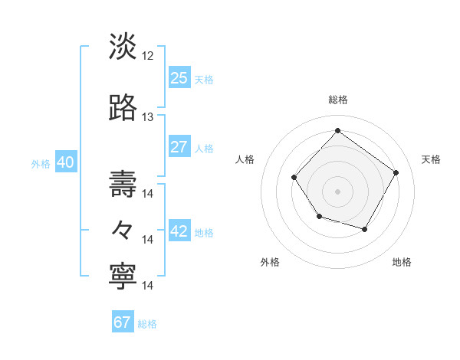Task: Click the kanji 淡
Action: [123, 47]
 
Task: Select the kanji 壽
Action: [123, 183]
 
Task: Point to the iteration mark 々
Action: [123, 229]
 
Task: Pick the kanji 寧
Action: [123, 276]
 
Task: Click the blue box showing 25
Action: [179, 78]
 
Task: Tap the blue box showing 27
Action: [179, 147]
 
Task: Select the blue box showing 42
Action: [179, 232]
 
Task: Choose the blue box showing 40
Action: [65, 162]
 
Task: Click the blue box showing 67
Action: [122, 322]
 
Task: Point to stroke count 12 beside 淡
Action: [148, 56]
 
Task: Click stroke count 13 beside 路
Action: [148, 117]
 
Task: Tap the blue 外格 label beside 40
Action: [41, 163]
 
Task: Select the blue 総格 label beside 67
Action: [147, 323]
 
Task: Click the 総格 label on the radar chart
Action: [337, 100]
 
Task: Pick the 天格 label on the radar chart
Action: [431, 159]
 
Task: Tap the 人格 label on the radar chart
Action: [245, 159]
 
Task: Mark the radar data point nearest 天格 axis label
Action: [396, 172]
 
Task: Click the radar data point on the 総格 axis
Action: [337, 130]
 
